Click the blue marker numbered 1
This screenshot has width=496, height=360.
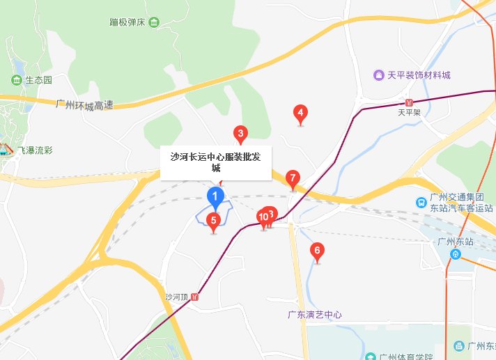[216, 197]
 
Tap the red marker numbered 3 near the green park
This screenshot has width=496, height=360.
[240, 133]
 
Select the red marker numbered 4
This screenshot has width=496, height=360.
[300, 113]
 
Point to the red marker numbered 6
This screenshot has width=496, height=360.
[318, 251]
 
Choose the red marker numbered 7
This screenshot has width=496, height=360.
[293, 178]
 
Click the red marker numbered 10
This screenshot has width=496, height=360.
[263, 218]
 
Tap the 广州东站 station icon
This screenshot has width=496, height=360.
[455, 254]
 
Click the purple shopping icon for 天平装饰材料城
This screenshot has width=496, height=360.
[378, 75]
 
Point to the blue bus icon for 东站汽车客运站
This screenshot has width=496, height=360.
[421, 202]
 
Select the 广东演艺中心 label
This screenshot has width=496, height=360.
[315, 315]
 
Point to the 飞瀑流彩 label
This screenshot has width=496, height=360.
[37, 150]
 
